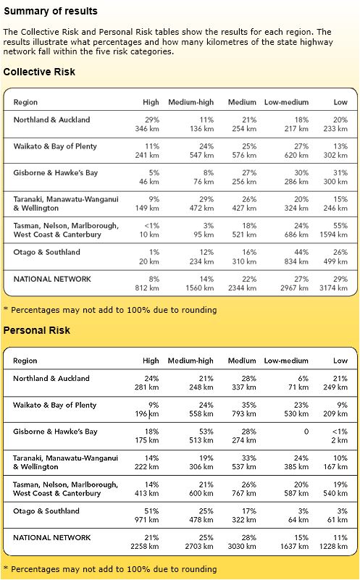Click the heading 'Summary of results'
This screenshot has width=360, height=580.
51,12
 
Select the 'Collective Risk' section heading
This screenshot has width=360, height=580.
39,72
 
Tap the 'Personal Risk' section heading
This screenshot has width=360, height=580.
38,330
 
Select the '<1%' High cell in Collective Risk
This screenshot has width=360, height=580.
151,226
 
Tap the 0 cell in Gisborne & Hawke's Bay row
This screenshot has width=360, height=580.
306,432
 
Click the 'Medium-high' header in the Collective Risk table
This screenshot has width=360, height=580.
191,102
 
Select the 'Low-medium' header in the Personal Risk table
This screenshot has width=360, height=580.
286,361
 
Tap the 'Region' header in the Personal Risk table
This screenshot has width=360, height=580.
25,361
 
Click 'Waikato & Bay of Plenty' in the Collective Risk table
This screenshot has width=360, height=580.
55,146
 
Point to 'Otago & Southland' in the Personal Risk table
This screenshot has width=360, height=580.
46,511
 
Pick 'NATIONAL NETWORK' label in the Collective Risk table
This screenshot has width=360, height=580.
52,279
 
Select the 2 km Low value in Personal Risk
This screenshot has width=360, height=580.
339,440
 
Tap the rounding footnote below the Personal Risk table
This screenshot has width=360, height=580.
110,569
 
